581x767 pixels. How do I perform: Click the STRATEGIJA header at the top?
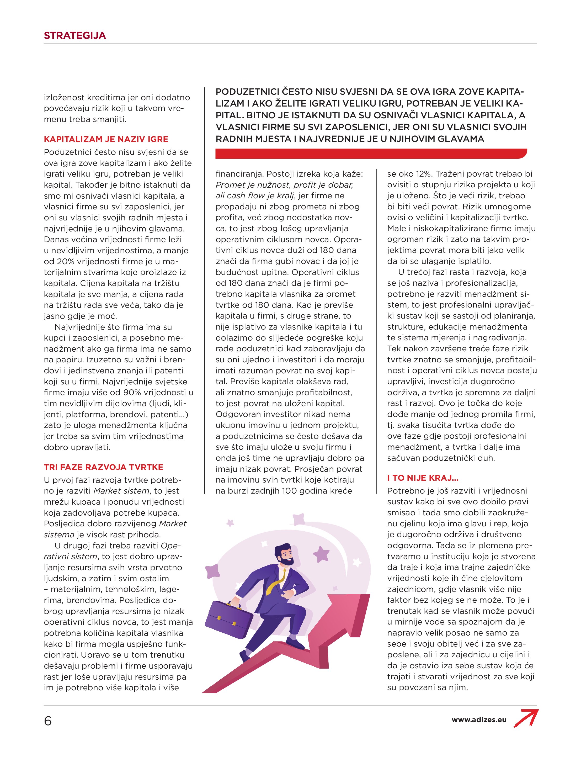pyautogui.click(x=74, y=35)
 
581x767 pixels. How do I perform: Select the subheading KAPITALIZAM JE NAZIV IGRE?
pyautogui.click(x=106, y=139)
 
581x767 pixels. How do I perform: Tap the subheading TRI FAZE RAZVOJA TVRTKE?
pyautogui.click(x=103, y=467)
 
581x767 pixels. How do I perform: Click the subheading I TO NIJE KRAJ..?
pyautogui.click(x=423, y=478)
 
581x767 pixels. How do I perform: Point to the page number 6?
pyautogui.click(x=48, y=721)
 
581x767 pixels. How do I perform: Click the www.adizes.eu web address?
pyautogui.click(x=479, y=720)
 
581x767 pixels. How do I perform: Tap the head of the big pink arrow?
pyautogui.click(x=347, y=605)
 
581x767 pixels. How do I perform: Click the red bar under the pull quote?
pyautogui.click(x=371, y=153)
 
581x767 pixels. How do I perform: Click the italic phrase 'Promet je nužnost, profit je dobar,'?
pyautogui.click(x=284, y=185)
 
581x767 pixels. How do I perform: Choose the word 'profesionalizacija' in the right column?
pyautogui.click(x=482, y=283)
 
